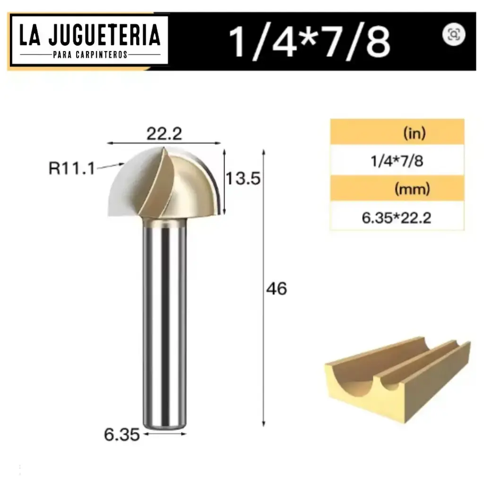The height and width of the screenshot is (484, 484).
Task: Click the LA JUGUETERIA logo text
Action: [x=89, y=36]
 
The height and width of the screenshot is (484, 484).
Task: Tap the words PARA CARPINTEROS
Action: [x=89, y=55]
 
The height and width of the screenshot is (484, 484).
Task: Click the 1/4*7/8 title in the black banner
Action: [x=310, y=42]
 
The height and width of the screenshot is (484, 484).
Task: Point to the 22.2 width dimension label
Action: [x=164, y=134]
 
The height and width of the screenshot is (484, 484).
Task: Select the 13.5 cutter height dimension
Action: [x=243, y=179]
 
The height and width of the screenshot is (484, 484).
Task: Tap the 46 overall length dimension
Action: [x=277, y=288]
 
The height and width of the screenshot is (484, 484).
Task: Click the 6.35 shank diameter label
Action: [x=121, y=434]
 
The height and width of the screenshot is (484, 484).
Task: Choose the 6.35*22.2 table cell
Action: [x=397, y=218]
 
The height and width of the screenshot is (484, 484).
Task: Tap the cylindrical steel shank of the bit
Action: [x=164, y=321]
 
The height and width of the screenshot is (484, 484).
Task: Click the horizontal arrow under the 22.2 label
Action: [x=164, y=142]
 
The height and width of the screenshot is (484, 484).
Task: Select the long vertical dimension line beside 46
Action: [x=263, y=288]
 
